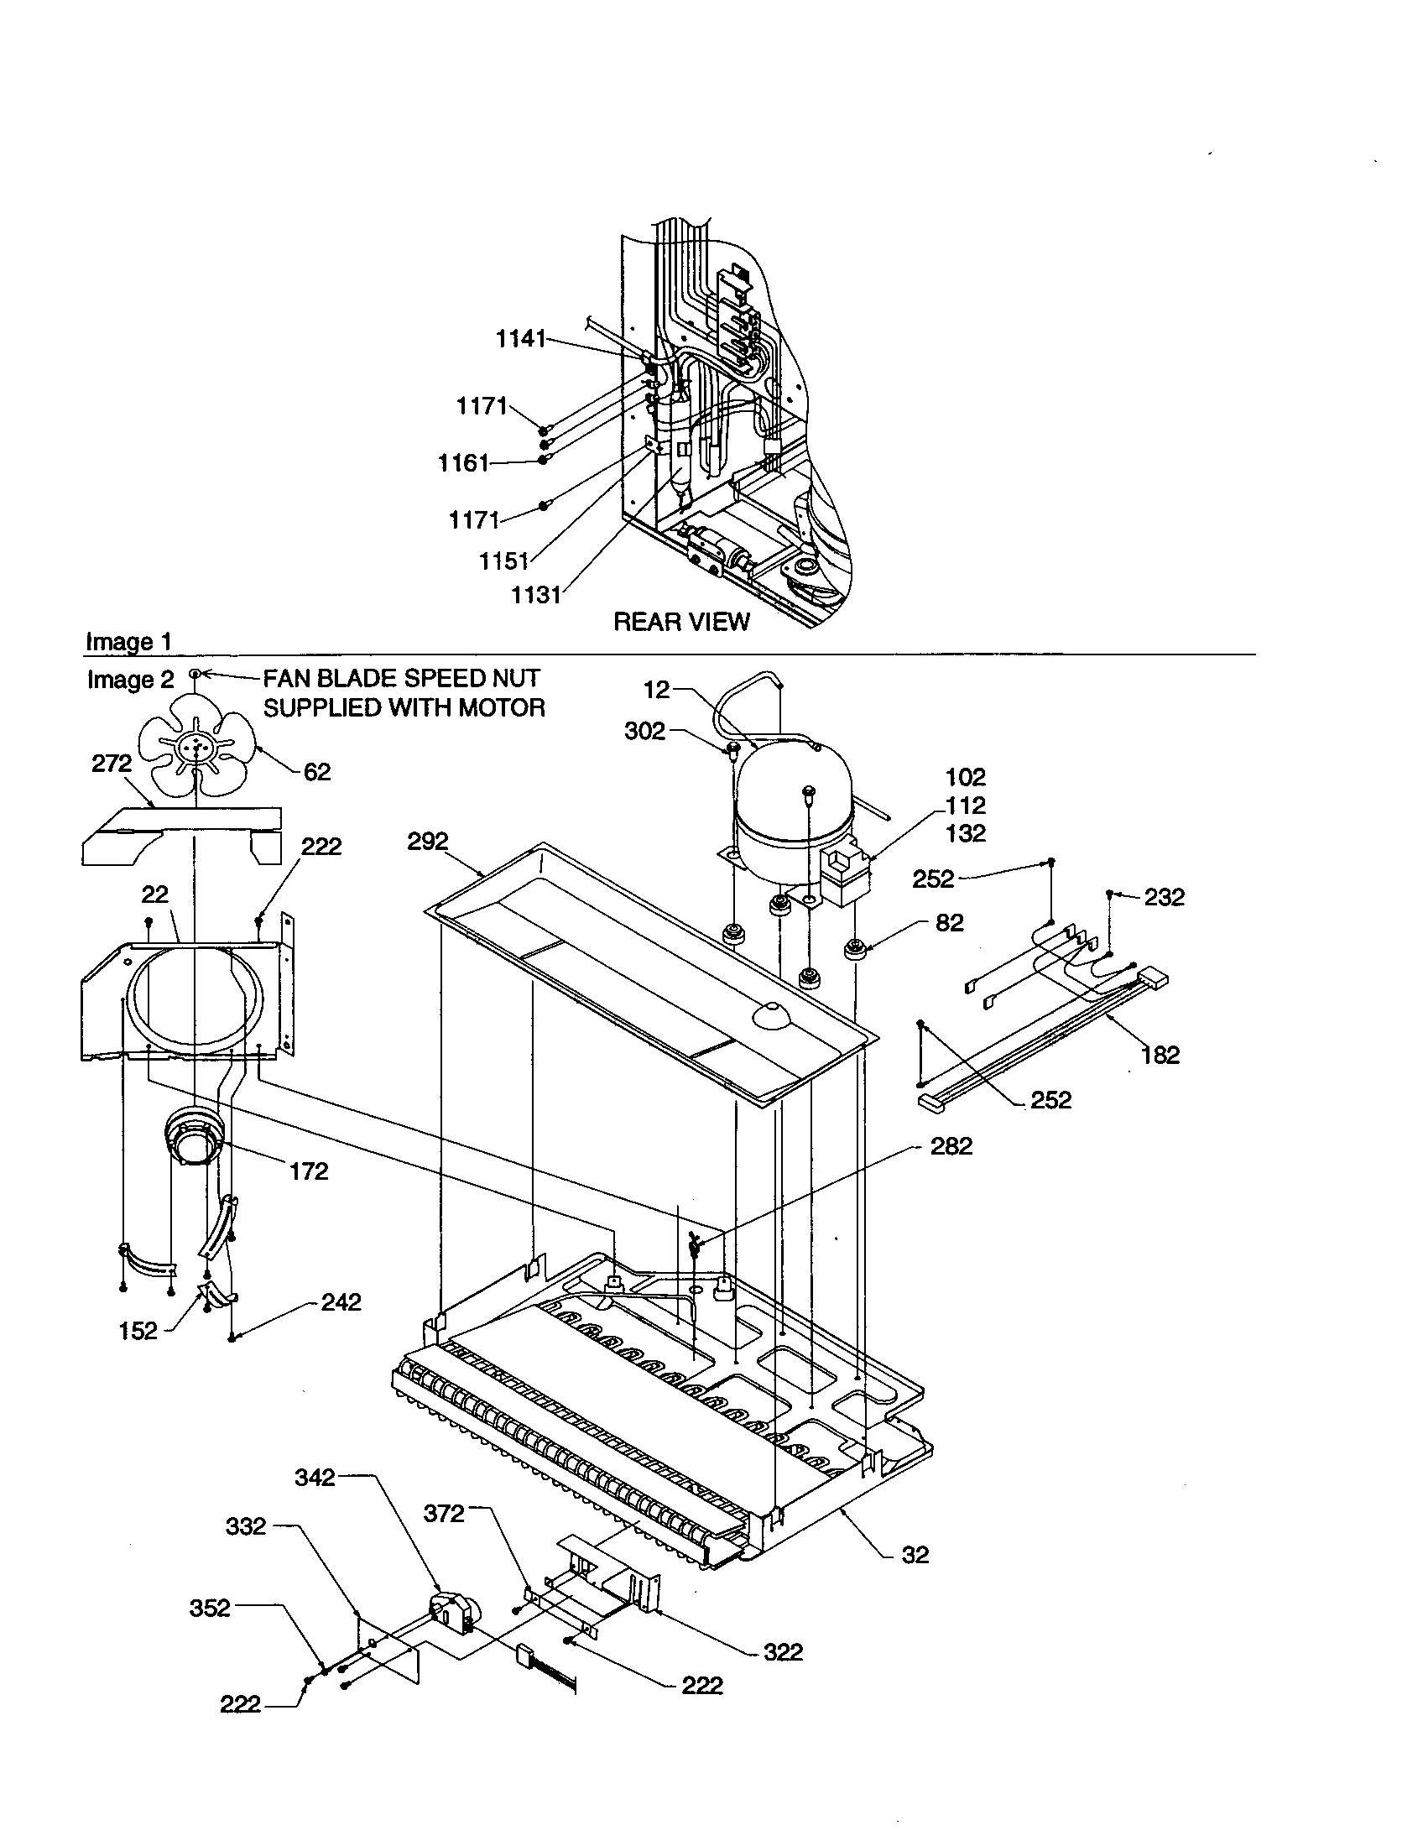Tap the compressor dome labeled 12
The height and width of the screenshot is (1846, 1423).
pos(783,795)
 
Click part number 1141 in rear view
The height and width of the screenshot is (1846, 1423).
pos(520,339)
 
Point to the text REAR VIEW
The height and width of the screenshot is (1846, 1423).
pos(681,622)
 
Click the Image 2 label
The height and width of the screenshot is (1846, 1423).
pos(130,680)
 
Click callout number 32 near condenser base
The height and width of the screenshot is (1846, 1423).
pos(915,1554)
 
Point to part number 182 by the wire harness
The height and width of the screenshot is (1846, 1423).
pos(1160,1055)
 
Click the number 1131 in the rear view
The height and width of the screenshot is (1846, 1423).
pos(537,595)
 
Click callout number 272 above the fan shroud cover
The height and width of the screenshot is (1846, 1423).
pos(112,764)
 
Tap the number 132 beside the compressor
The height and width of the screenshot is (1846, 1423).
pos(966,833)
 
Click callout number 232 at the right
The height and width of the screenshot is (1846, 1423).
pos(1165,897)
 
